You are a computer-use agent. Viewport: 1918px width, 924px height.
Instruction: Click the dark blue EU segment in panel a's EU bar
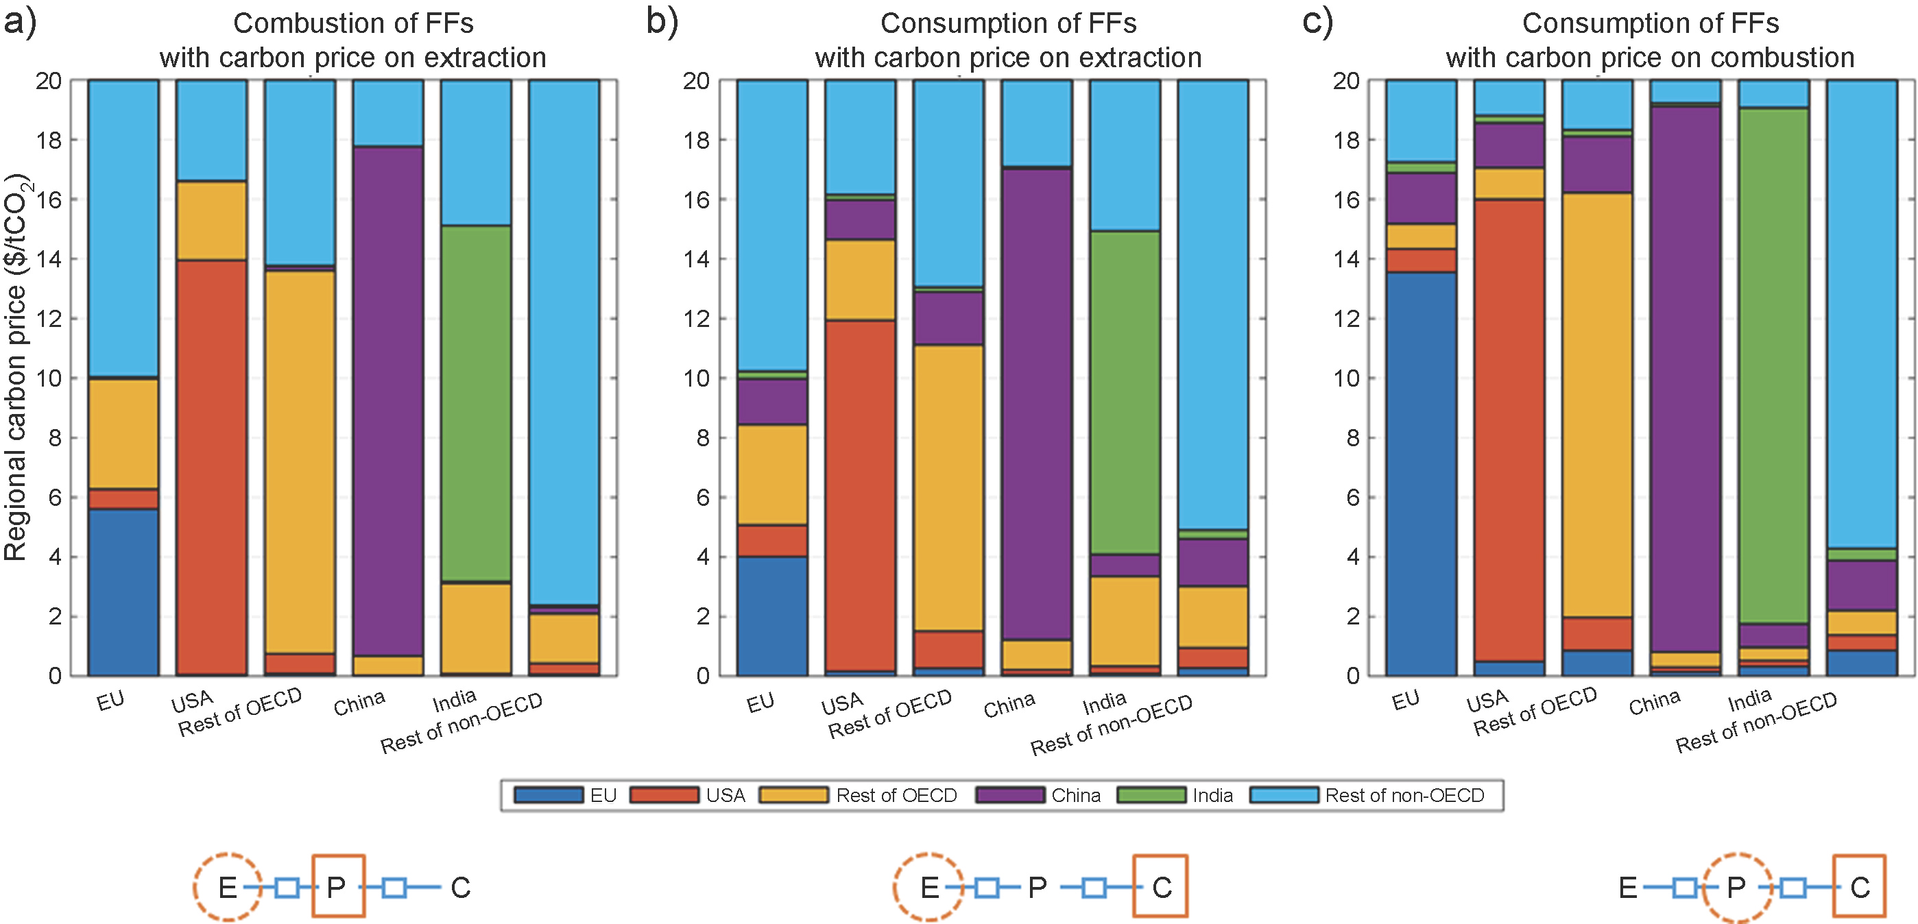coord(123,592)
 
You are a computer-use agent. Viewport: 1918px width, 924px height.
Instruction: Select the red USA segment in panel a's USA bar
coord(211,467)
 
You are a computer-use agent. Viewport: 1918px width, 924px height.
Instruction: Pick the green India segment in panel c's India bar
coord(1773,365)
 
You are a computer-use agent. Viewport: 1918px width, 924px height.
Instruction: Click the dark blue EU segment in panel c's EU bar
coord(1421,474)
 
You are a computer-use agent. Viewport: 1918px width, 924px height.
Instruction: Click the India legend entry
coord(1212,795)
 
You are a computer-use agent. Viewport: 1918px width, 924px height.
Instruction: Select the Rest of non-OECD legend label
coord(1404,795)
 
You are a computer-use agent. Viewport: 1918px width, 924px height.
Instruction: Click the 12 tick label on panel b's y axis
coord(697,319)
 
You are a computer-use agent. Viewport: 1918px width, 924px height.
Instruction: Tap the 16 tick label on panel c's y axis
coord(1346,199)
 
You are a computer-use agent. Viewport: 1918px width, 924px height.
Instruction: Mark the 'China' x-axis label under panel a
coord(359,702)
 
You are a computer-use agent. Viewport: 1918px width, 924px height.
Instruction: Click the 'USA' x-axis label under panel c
coord(1487,701)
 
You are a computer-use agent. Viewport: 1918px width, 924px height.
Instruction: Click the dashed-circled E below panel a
coord(227,887)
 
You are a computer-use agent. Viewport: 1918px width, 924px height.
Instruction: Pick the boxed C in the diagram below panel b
coord(1161,887)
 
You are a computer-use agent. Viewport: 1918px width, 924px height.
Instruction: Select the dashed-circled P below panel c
coord(1736,887)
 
